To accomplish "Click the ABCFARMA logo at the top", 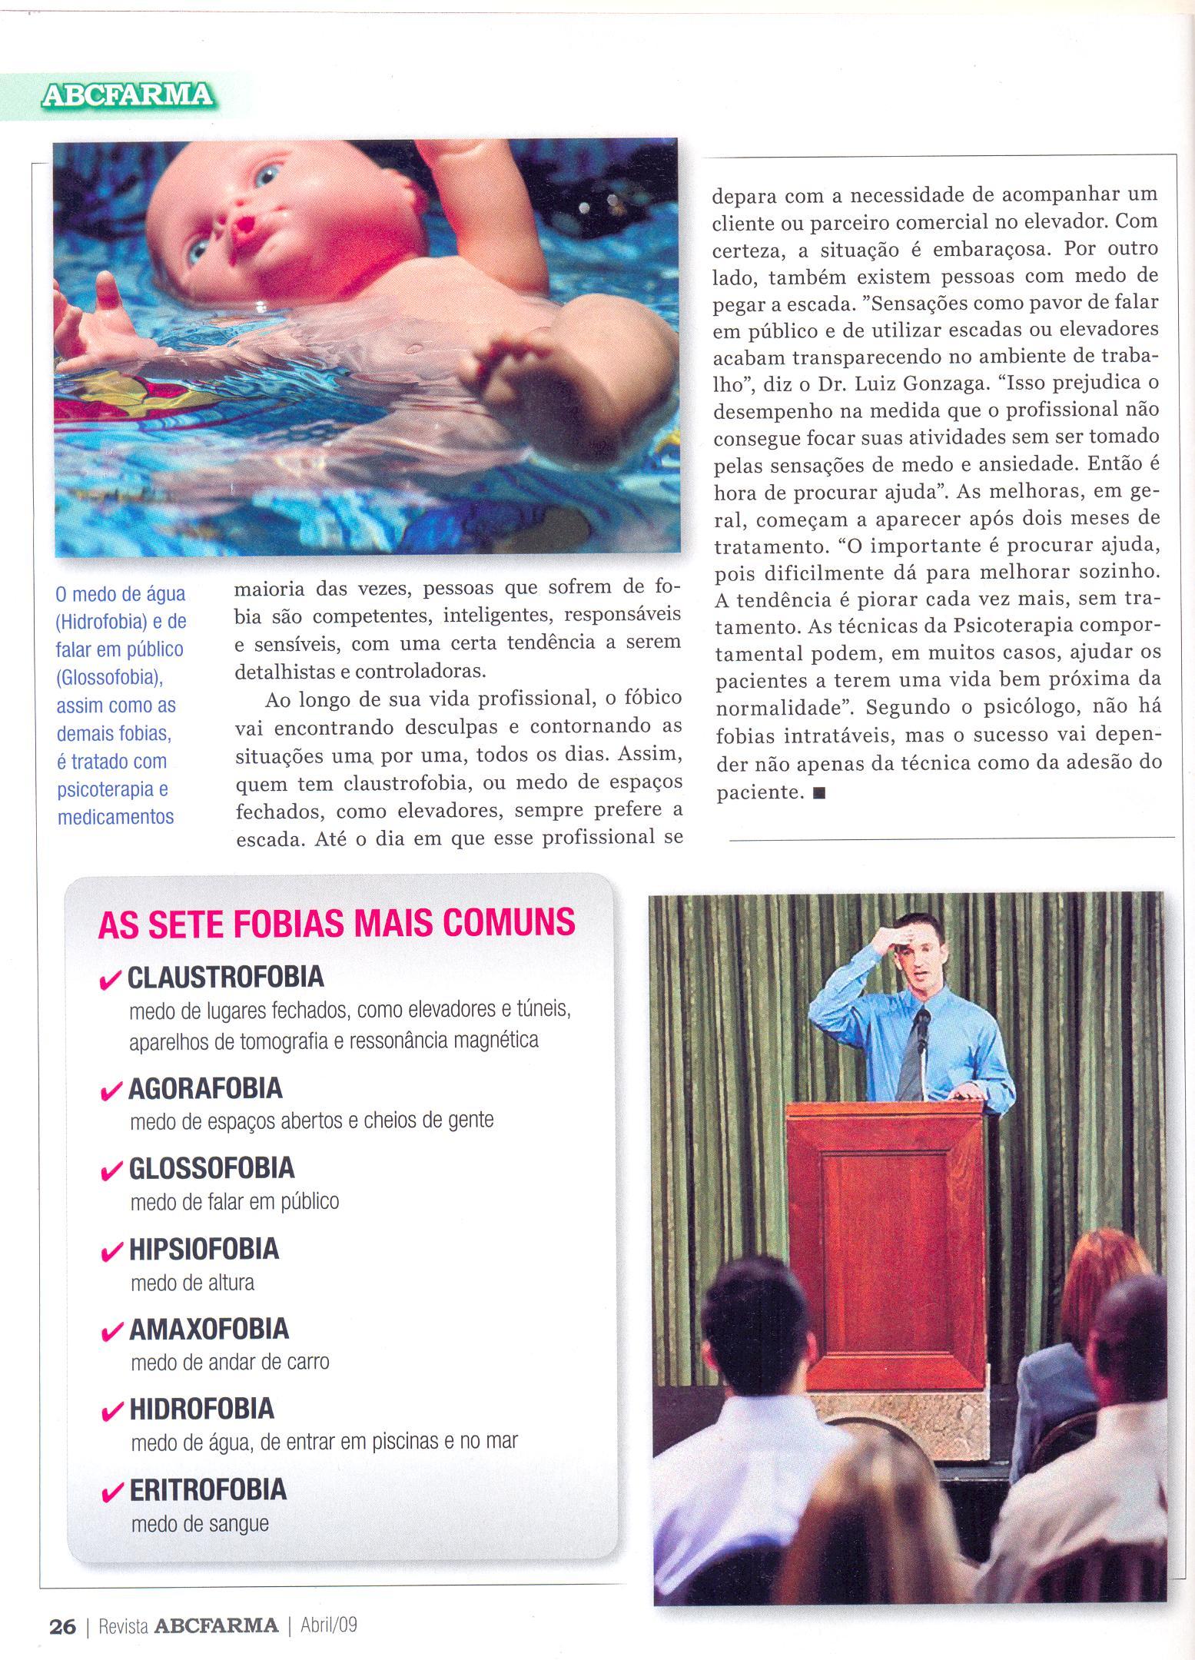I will click(x=128, y=95).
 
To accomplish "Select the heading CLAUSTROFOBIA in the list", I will click(x=225, y=978).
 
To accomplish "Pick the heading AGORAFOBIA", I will click(x=205, y=1088).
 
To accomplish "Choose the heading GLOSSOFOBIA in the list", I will click(x=211, y=1168).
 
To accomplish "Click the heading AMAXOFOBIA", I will click(x=208, y=1329).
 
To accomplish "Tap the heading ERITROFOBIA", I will click(x=207, y=1489).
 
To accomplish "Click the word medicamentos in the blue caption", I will click(x=116, y=816).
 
